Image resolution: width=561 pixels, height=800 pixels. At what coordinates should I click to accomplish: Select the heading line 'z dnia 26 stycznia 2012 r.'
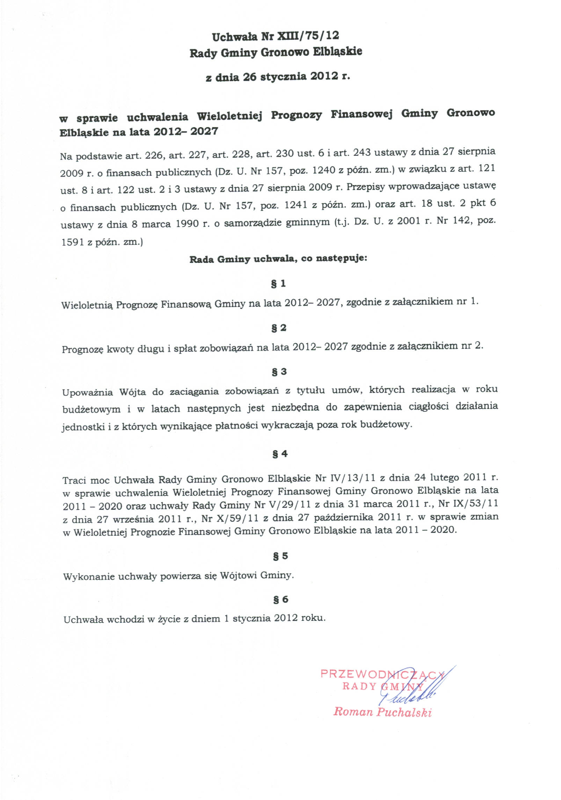coord(278,76)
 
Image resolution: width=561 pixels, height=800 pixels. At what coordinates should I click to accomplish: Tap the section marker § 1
coord(278,284)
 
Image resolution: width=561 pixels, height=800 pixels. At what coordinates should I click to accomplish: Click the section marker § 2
coord(279,328)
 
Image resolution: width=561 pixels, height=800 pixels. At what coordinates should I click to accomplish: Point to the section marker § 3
coord(279,372)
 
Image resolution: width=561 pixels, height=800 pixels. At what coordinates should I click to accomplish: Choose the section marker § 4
coord(280,454)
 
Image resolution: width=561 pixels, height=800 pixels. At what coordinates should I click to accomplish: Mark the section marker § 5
coord(280,556)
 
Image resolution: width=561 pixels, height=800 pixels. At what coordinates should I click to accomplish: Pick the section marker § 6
coord(280,600)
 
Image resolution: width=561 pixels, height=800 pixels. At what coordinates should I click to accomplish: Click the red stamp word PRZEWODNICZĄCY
coord(382,674)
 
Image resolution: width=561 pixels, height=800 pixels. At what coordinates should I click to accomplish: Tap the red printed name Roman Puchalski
coord(382,712)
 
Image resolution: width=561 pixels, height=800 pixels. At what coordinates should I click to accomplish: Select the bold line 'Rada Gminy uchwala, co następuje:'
coord(278,259)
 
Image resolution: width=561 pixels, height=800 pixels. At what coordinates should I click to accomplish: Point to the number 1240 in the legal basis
coord(325,170)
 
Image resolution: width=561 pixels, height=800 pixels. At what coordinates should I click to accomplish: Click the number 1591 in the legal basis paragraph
coord(72,242)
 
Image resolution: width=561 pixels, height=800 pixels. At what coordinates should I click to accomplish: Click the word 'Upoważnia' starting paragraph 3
coord(88,392)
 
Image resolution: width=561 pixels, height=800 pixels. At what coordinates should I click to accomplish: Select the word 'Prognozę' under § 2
coord(81,349)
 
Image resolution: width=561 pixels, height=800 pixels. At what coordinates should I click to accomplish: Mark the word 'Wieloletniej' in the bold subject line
coord(229,116)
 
